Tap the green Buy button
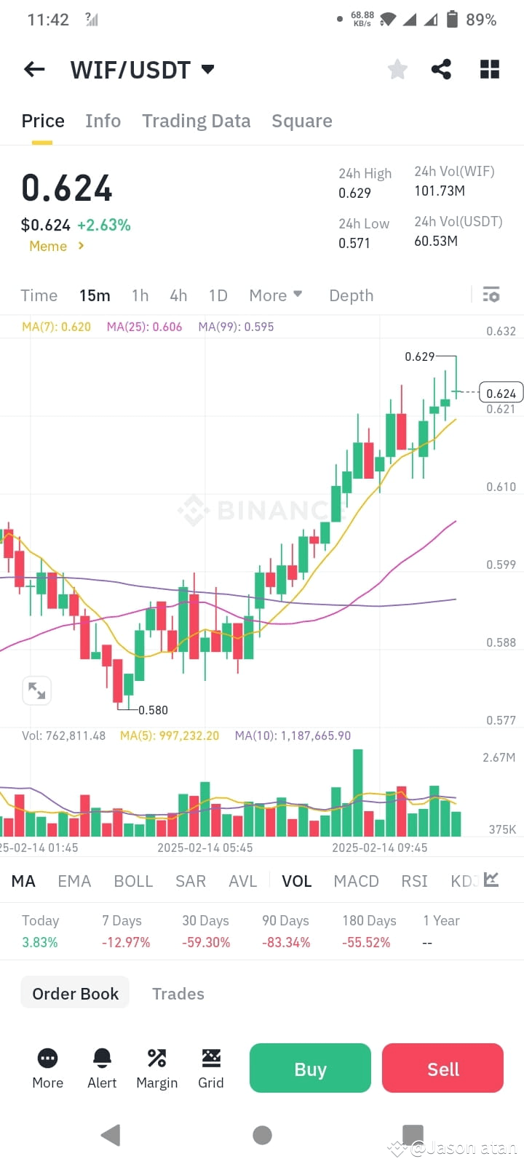pyautogui.click(x=310, y=1068)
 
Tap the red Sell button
pyautogui.click(x=442, y=1068)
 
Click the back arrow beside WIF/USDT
pyautogui.click(x=34, y=69)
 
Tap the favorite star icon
pyautogui.click(x=397, y=69)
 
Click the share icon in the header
pyautogui.click(x=441, y=69)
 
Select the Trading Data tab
pyautogui.click(x=196, y=121)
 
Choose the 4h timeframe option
pyautogui.click(x=178, y=295)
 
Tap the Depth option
pyautogui.click(x=351, y=295)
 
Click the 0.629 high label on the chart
pyautogui.click(x=419, y=356)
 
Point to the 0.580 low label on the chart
pyautogui.click(x=153, y=710)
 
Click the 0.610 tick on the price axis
pyautogui.click(x=501, y=487)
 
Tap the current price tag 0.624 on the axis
pyautogui.click(x=501, y=393)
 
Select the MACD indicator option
pyautogui.click(x=356, y=881)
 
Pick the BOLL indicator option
pyautogui.click(x=133, y=881)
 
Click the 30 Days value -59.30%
pyautogui.click(x=206, y=942)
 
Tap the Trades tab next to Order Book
pyautogui.click(x=178, y=994)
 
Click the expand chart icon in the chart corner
pyautogui.click(x=36, y=690)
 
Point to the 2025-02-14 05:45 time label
pyautogui.click(x=205, y=848)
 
